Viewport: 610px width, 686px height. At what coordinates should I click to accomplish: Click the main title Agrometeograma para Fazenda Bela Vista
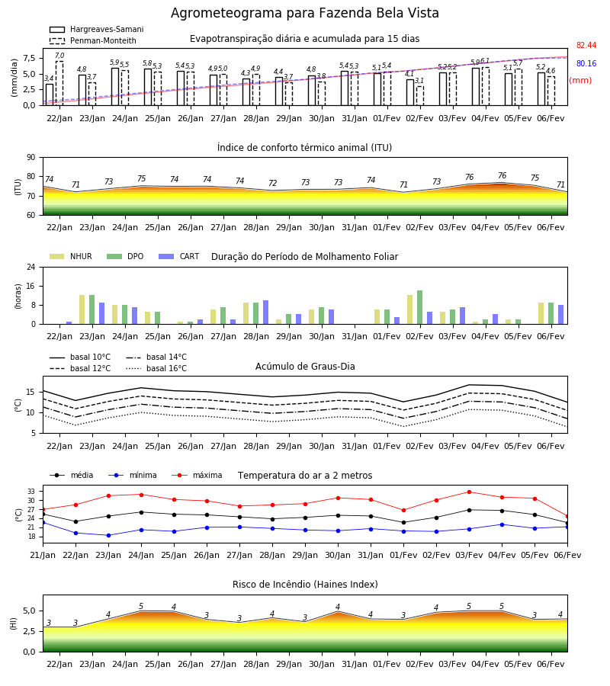(x=304, y=13)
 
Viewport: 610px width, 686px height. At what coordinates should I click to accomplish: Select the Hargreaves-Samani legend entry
(x=96, y=29)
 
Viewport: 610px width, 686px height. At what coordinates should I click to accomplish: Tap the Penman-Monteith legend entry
(x=93, y=40)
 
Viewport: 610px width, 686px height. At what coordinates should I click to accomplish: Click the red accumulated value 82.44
(x=586, y=45)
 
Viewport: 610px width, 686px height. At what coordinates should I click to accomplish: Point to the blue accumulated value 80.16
(x=586, y=63)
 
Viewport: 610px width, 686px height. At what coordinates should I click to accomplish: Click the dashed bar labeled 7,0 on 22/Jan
(x=59, y=84)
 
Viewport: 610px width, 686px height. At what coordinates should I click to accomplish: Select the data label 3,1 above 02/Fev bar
(x=419, y=81)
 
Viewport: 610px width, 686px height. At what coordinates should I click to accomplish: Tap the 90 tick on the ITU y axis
(x=31, y=158)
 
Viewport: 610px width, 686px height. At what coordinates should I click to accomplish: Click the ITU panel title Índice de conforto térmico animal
(x=304, y=147)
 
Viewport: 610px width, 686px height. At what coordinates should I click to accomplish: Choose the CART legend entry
(x=179, y=256)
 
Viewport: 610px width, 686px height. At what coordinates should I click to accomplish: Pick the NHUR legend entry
(x=71, y=256)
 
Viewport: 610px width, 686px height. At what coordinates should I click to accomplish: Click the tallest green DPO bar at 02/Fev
(x=419, y=307)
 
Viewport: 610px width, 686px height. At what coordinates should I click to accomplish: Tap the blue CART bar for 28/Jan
(x=265, y=313)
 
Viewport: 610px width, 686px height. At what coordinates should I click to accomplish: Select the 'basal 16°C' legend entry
(x=156, y=368)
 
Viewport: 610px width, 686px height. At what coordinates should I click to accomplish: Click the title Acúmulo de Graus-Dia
(x=305, y=367)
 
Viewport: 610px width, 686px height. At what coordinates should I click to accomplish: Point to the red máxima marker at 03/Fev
(x=469, y=492)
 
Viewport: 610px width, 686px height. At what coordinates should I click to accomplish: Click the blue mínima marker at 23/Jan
(x=108, y=535)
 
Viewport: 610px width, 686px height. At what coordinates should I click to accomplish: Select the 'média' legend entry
(x=72, y=475)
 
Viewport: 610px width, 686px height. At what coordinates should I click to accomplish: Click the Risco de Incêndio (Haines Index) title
(x=305, y=585)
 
